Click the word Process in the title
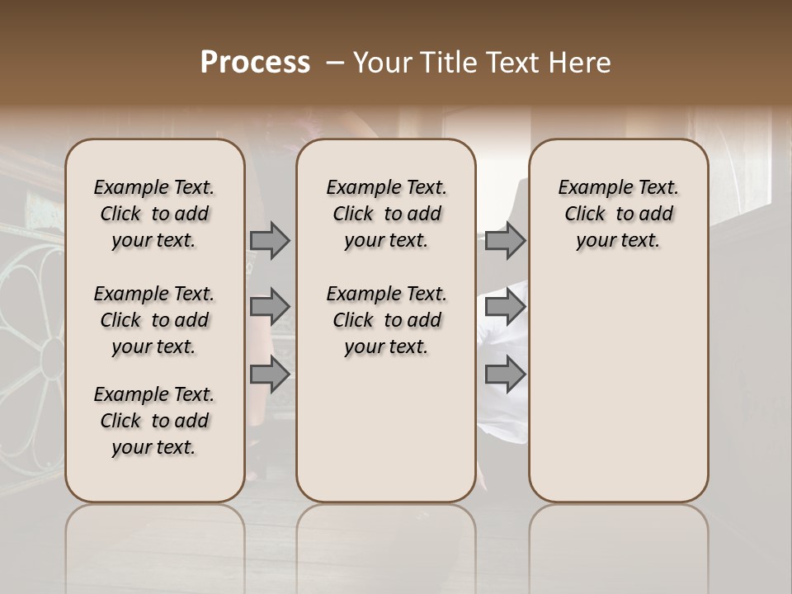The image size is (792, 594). (x=255, y=62)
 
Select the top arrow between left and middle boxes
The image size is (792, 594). (x=270, y=240)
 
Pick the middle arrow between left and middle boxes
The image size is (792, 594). (x=270, y=307)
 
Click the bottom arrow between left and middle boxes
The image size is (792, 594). (x=270, y=375)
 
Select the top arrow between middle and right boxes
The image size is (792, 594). (x=505, y=240)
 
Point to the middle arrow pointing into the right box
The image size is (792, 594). (x=505, y=307)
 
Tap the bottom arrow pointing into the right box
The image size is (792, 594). (x=505, y=375)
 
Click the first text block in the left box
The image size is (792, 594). (x=154, y=214)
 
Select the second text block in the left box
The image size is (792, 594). (x=154, y=320)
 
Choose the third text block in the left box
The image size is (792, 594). (x=154, y=421)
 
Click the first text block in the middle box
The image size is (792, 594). (x=386, y=214)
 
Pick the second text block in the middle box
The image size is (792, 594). (x=386, y=320)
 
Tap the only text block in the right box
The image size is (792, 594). (x=619, y=214)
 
